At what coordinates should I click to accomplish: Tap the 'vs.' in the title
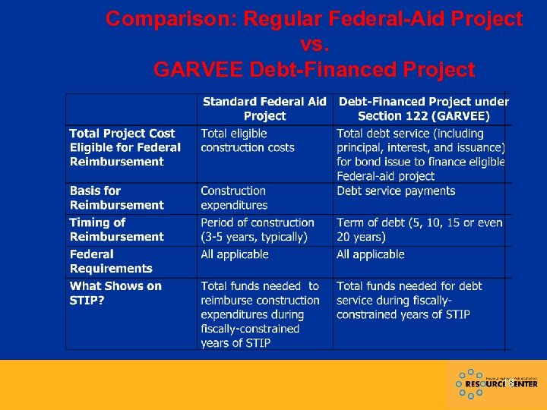tap(314, 44)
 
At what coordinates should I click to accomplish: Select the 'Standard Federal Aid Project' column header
tap(264, 109)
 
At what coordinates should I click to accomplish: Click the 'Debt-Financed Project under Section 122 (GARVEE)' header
tap(423, 109)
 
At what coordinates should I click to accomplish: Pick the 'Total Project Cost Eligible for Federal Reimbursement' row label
tap(125, 147)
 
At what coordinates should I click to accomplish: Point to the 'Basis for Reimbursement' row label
tap(116, 197)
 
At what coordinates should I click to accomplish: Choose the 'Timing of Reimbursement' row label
tap(116, 229)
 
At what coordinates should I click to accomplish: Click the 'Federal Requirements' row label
tap(111, 261)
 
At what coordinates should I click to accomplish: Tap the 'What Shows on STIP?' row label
tap(115, 293)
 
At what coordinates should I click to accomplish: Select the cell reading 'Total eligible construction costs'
tap(247, 140)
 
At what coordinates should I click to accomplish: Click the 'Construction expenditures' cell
tap(234, 197)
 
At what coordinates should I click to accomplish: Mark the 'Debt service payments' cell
tap(396, 191)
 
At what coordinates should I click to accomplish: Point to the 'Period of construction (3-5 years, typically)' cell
tap(257, 229)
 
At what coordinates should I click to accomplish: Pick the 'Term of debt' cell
tap(419, 229)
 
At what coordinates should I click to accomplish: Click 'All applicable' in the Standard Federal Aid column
tap(235, 254)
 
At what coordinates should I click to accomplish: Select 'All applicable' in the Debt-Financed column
tap(371, 254)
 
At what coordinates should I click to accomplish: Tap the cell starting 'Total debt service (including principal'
tap(421, 154)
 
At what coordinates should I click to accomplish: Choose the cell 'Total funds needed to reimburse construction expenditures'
tap(260, 314)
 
